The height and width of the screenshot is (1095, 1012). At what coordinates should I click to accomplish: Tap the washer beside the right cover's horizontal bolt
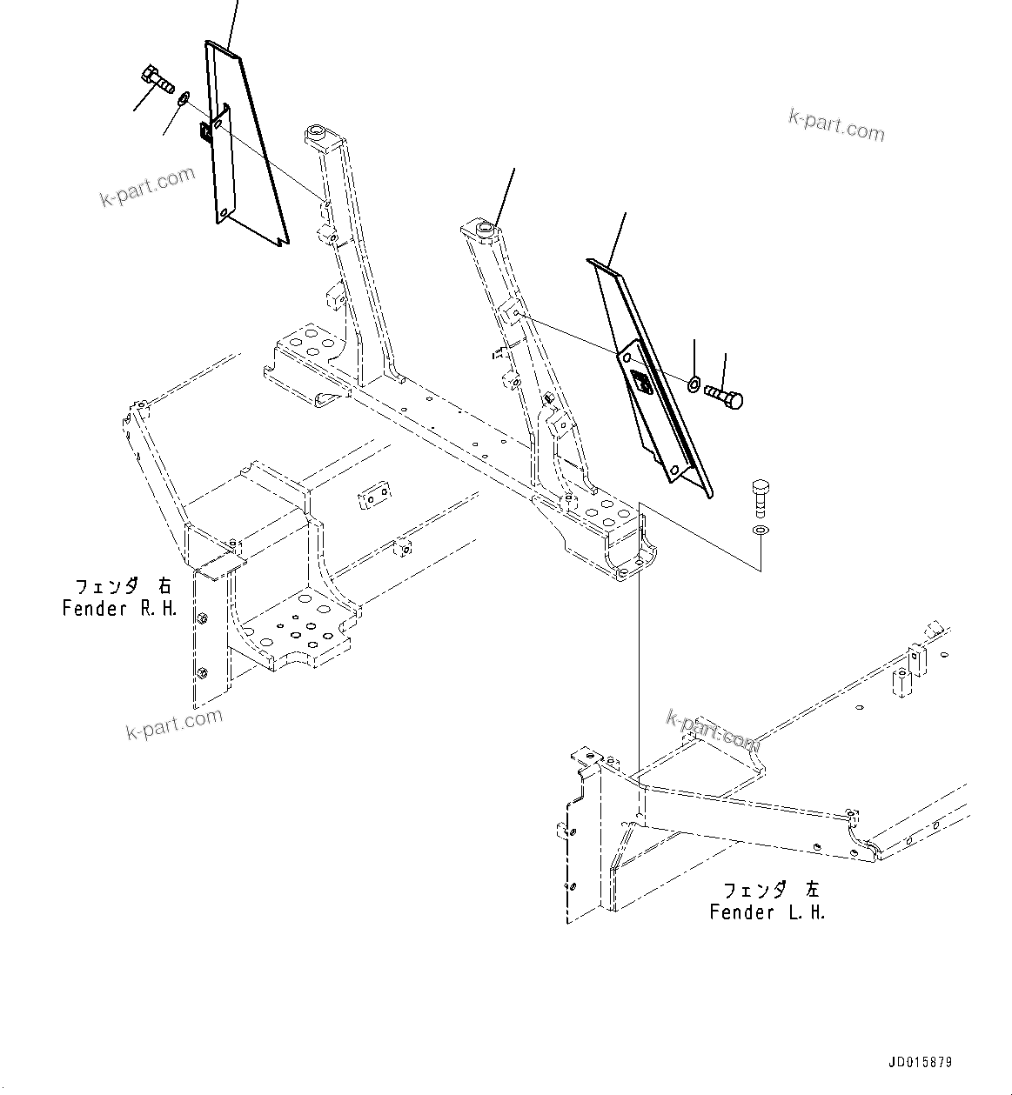point(694,384)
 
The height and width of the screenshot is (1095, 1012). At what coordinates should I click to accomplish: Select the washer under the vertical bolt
point(761,530)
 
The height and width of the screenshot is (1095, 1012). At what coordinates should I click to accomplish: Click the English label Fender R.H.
point(119,609)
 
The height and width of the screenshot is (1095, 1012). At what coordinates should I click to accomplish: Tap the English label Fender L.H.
point(767,912)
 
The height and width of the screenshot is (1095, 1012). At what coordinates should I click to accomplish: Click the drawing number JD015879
point(920,1063)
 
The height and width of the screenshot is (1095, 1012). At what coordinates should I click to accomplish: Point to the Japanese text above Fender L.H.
point(771,890)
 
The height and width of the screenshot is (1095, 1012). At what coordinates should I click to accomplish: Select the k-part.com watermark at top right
point(835,125)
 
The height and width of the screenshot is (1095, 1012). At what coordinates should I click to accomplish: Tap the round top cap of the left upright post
point(315,135)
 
